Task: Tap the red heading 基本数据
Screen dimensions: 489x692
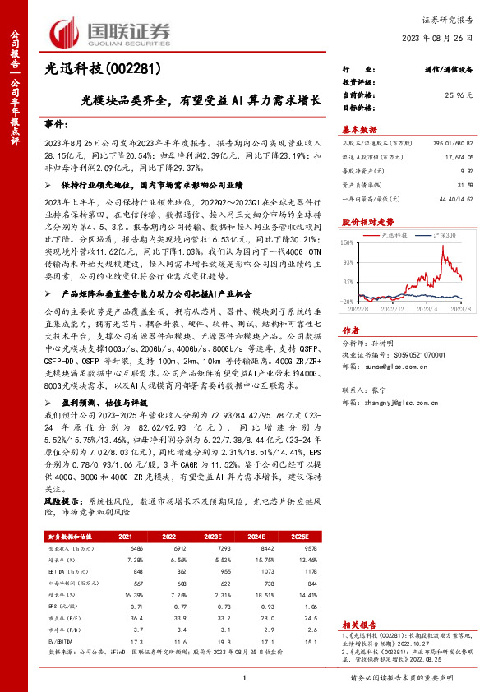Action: [359, 129]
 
